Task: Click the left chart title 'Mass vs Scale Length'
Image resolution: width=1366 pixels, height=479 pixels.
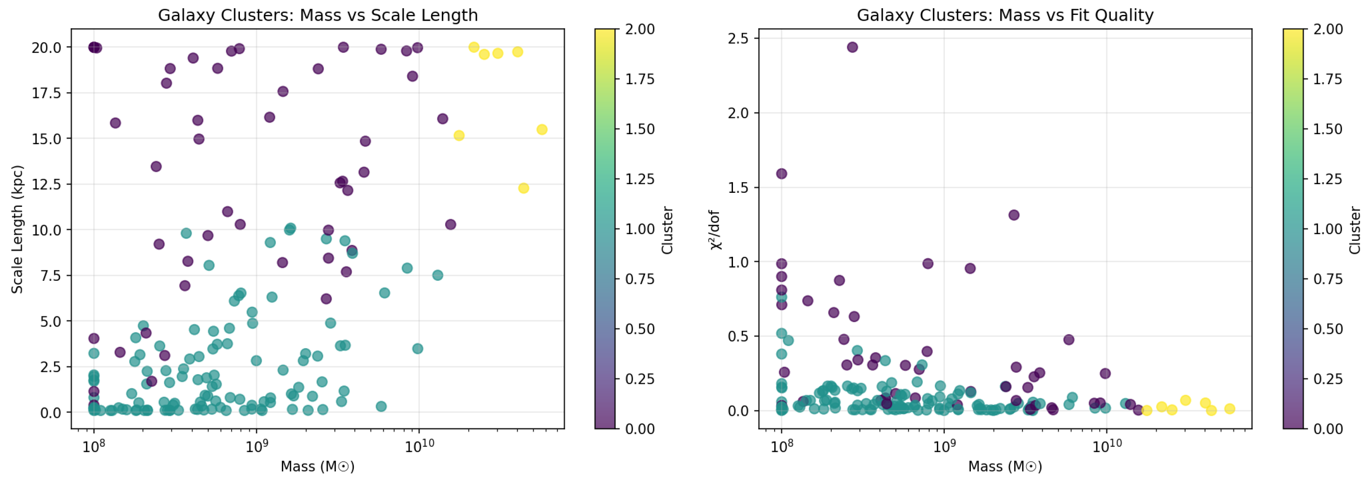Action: coord(388,15)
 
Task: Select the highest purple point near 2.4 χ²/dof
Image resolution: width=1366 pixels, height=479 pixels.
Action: coord(852,47)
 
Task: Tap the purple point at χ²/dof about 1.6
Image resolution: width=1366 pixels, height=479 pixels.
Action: coord(781,173)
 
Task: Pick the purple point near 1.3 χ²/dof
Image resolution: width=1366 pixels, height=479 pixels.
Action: coord(1014,215)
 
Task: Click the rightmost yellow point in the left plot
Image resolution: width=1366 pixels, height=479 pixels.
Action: coord(541,129)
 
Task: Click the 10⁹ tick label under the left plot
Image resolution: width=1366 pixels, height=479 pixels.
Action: coord(256,446)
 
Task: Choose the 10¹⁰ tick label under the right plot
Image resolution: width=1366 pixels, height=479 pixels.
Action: coord(1106,446)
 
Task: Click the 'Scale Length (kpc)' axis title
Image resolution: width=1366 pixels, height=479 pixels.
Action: coord(17,229)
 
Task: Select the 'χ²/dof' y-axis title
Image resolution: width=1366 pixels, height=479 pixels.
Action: coord(715,229)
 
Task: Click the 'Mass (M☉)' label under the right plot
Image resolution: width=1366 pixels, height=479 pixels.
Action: coord(1005,466)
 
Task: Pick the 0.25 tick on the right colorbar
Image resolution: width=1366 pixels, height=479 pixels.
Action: coord(1327,379)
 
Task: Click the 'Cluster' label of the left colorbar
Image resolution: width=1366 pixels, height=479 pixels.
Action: coord(667,229)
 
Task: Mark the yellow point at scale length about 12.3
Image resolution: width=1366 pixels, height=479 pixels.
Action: coord(523,188)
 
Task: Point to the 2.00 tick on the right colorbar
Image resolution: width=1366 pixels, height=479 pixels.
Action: coord(1327,29)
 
